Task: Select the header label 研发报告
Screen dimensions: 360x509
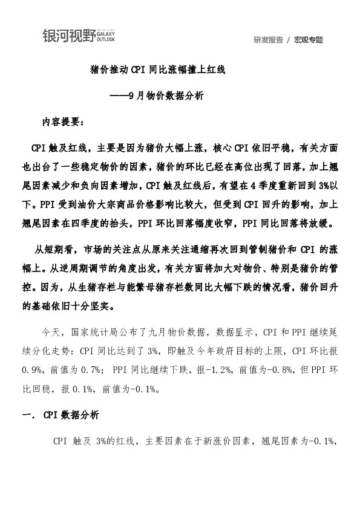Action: [x=269, y=40]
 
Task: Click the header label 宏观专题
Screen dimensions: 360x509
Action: [x=309, y=40]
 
